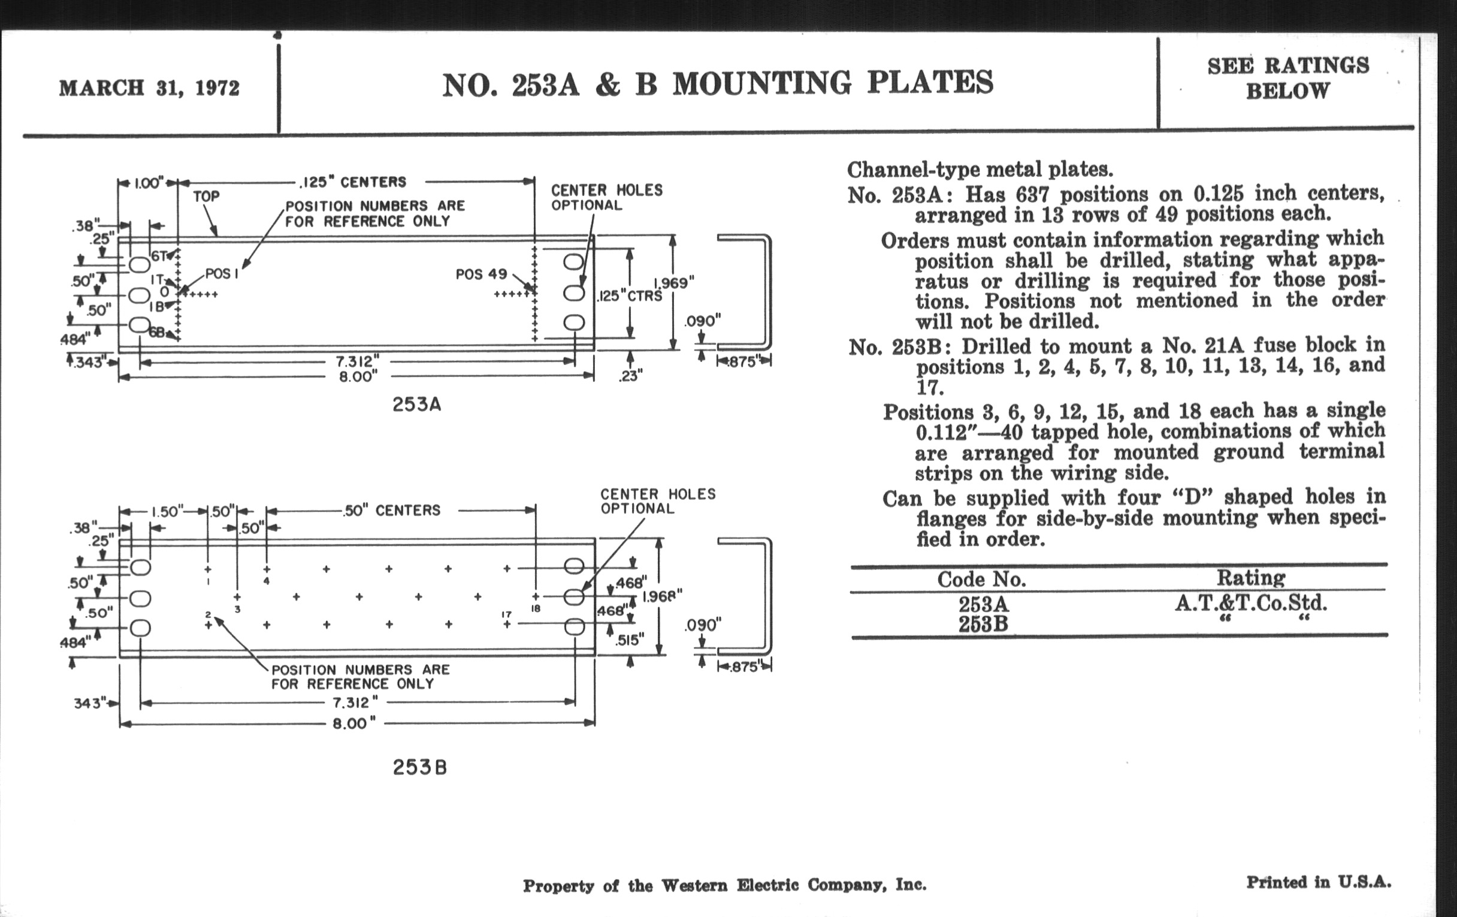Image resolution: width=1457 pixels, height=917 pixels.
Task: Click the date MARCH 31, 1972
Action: pos(149,88)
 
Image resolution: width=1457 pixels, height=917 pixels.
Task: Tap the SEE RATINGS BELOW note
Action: pos(1287,78)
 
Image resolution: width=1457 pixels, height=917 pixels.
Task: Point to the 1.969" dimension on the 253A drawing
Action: pos(674,283)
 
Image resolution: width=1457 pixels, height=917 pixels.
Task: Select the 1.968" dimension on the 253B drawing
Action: pos(662,596)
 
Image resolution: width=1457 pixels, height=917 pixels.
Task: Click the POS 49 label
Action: pos(481,274)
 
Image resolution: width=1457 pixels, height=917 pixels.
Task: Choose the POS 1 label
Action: pos(222,273)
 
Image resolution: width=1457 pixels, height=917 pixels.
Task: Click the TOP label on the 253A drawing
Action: pos(206,196)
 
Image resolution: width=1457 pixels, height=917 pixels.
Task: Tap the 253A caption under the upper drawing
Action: pos(416,405)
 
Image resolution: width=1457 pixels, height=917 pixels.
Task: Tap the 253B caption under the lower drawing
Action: pos(419,768)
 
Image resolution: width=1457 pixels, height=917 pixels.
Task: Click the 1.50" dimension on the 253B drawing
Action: pos(167,511)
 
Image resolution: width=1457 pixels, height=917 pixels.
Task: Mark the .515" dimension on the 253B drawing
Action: pos(629,640)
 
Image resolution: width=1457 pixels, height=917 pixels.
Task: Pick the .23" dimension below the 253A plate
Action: pos(630,376)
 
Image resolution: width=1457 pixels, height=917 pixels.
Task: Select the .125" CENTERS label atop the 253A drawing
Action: pos(353,182)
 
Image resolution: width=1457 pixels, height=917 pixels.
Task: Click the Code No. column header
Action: pos(981,579)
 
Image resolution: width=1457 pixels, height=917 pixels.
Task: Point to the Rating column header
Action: pos(1251,577)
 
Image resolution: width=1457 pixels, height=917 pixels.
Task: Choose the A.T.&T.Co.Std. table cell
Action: pos(1251,603)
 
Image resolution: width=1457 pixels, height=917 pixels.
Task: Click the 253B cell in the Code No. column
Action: pos(983,623)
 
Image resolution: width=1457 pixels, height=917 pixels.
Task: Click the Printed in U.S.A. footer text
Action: pos(1319,882)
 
